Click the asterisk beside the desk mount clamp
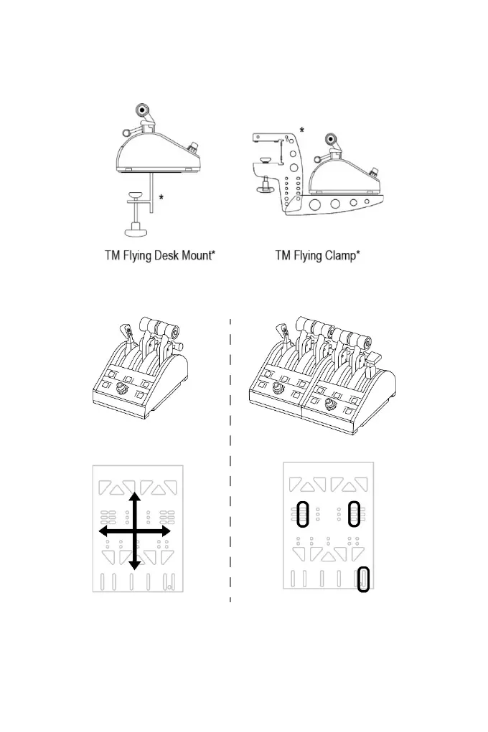[x=161, y=198]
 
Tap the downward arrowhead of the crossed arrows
[x=134, y=565]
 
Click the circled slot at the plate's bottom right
[x=364, y=579]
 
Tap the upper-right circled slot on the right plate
[x=353, y=513]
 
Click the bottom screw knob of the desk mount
[x=133, y=231]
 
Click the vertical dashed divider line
[x=230, y=459]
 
